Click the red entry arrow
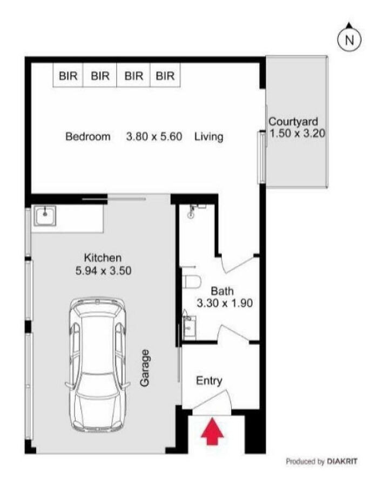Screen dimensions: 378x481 (212, 430)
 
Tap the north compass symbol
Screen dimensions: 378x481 (349, 39)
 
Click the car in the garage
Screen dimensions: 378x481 (98, 365)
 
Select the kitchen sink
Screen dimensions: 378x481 (45, 216)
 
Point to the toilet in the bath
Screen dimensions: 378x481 (191, 281)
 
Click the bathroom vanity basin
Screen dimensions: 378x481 (189, 328)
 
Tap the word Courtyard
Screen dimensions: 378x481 (293, 122)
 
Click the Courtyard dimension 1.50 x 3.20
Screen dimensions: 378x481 (298, 134)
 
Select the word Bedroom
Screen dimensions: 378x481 (88, 136)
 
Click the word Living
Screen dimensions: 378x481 (208, 137)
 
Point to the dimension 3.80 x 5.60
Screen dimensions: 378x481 (154, 136)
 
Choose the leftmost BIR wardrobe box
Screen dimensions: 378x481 (68, 75)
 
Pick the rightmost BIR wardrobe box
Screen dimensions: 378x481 (165, 75)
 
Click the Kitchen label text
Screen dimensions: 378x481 (103, 258)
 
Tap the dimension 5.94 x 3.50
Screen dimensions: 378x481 (104, 271)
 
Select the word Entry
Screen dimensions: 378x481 (209, 381)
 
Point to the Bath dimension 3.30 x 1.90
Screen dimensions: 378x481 (225, 304)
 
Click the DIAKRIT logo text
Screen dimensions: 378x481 (342, 461)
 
